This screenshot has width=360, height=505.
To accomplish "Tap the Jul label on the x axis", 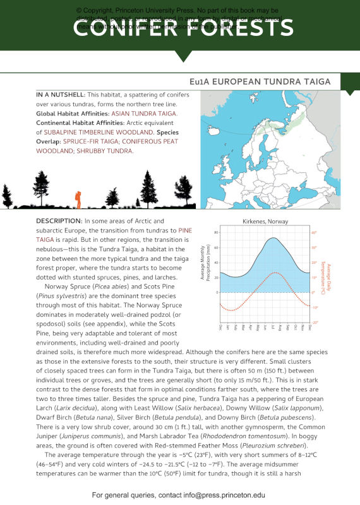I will (272, 328).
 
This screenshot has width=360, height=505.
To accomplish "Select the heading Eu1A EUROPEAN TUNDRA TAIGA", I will (264, 82).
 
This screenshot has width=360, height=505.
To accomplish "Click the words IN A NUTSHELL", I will (60, 94).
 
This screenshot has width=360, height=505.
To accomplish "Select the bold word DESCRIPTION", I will (59, 221).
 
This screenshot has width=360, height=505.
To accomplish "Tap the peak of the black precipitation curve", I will (272, 238).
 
